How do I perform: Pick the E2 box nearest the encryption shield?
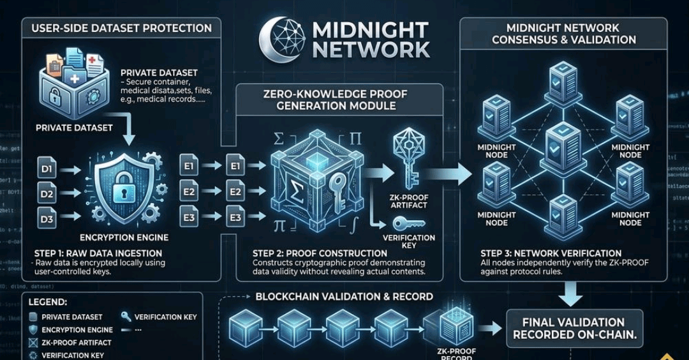[189, 191]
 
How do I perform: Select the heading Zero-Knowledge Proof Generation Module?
[336, 99]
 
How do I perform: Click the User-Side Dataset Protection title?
[121, 28]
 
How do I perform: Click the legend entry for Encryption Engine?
[77, 330]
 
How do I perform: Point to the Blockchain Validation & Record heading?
[344, 297]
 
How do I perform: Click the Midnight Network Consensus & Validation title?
[571, 34]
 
